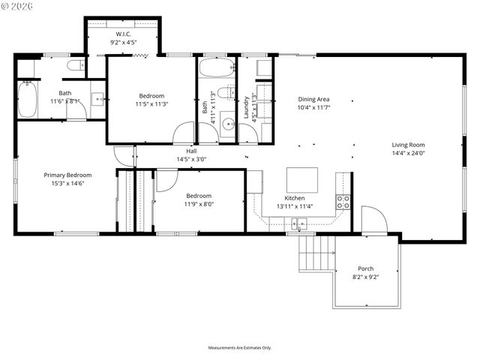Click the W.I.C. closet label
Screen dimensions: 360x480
pyautogui.click(x=123, y=34)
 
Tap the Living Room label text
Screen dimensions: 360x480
pyautogui.click(x=408, y=145)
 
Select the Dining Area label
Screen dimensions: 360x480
pyautogui.click(x=313, y=99)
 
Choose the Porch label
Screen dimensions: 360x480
pyautogui.click(x=365, y=268)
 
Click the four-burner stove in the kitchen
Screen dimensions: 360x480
pyautogui.click(x=343, y=201)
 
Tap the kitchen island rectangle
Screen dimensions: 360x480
pyautogui.click(x=301, y=180)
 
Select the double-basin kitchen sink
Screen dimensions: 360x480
pyautogui.click(x=299, y=222)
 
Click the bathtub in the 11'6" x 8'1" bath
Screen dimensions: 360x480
pyautogui.click(x=27, y=99)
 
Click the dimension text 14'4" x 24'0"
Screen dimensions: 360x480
pyautogui.click(x=408, y=153)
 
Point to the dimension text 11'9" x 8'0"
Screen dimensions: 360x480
pyautogui.click(x=199, y=203)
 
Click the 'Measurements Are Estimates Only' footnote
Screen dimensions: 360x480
pyautogui.click(x=240, y=348)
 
